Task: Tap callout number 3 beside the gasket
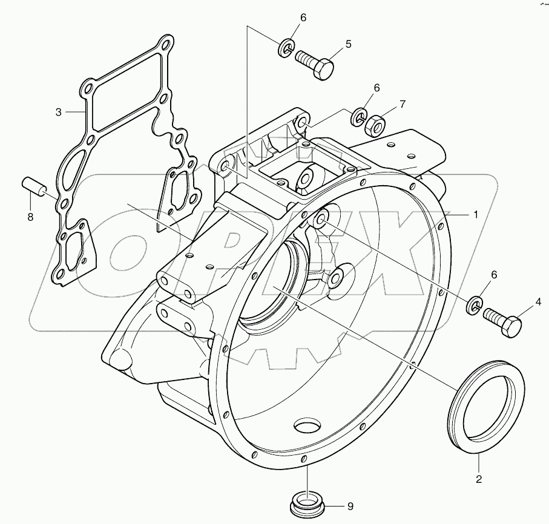point(59,112)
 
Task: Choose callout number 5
point(349,44)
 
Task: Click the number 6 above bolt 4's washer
point(495,275)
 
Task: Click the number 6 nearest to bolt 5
point(303,18)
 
